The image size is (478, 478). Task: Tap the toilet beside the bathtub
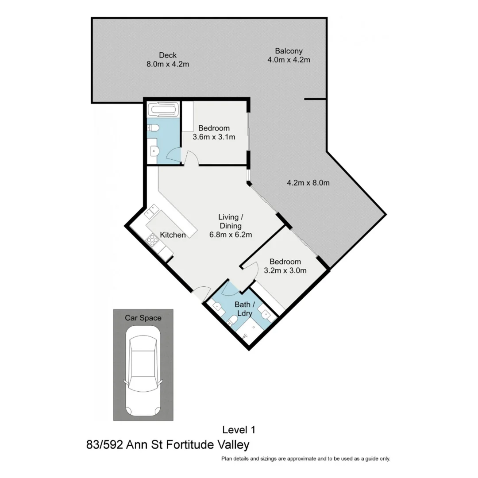click(x=154, y=128)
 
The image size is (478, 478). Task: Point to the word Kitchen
click(x=173, y=235)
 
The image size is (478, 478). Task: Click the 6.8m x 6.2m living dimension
click(x=231, y=235)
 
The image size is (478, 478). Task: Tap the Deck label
click(x=168, y=55)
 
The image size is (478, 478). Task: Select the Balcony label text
click(x=289, y=51)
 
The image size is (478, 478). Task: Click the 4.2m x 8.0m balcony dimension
click(x=308, y=182)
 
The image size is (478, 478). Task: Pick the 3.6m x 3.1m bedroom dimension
click(x=214, y=137)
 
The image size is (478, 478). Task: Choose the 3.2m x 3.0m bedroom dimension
click(x=285, y=271)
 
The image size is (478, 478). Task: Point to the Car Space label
click(x=143, y=318)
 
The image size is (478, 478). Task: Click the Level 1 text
click(x=239, y=429)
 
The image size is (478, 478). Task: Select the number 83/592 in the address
click(x=105, y=444)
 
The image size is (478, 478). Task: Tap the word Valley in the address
click(x=233, y=444)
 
